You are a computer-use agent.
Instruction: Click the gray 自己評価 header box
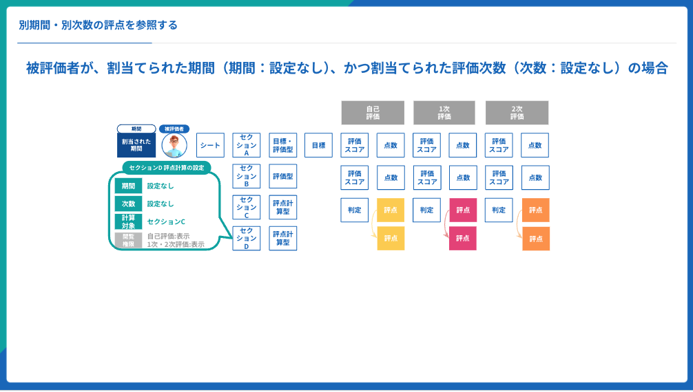click(x=373, y=113)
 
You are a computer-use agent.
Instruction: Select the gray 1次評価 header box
click(x=444, y=113)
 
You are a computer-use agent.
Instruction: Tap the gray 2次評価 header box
click(x=517, y=113)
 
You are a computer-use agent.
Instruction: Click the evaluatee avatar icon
click(x=174, y=145)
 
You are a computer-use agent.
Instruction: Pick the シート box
click(x=210, y=145)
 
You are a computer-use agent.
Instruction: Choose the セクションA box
click(x=247, y=145)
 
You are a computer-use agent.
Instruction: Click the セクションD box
click(x=247, y=238)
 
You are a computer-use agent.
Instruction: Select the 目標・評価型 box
click(x=283, y=145)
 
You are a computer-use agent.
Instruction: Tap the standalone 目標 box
click(x=318, y=145)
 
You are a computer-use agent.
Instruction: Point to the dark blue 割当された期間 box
click(x=136, y=145)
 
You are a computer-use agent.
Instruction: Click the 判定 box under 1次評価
click(x=426, y=210)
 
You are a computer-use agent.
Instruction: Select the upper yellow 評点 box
click(x=391, y=210)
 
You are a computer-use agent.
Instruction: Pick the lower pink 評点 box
click(x=463, y=238)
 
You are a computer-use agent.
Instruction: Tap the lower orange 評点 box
click(x=535, y=239)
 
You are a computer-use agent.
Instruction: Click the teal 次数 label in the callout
click(x=129, y=204)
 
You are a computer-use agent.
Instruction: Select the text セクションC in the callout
click(x=166, y=221)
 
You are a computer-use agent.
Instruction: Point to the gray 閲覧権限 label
click(x=129, y=240)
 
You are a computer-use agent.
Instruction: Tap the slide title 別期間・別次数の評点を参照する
click(x=99, y=25)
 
